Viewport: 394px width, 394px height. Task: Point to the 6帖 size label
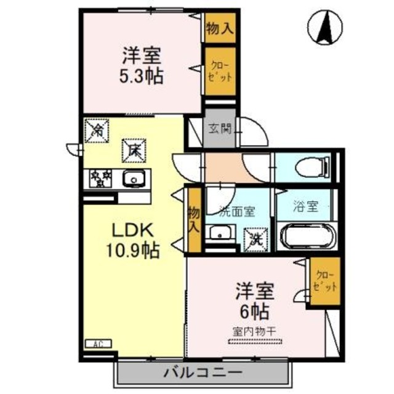(x=252, y=308)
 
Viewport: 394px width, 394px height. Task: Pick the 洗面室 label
(x=237, y=210)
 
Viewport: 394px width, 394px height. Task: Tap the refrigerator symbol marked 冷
(x=97, y=129)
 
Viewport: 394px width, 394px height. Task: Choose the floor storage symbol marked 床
(x=132, y=148)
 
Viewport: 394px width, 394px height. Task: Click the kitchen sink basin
(x=132, y=179)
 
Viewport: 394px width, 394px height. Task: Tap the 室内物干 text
(x=254, y=331)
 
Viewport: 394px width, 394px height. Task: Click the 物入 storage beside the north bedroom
(x=219, y=28)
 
